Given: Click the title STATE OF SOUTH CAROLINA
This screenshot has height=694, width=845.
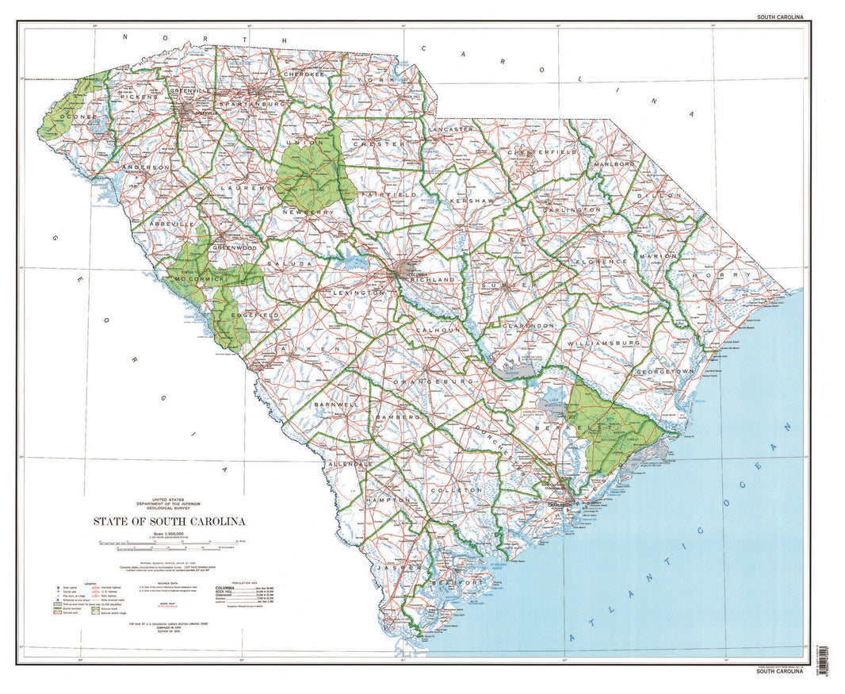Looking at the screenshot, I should pos(169,521).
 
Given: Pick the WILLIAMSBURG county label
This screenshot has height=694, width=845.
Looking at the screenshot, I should pos(603,343).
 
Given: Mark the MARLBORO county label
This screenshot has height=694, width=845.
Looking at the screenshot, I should pos(614,164).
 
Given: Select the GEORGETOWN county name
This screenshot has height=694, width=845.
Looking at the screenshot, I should pos(665,371).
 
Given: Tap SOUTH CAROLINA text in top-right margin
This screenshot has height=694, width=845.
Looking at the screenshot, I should pos(779,17).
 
